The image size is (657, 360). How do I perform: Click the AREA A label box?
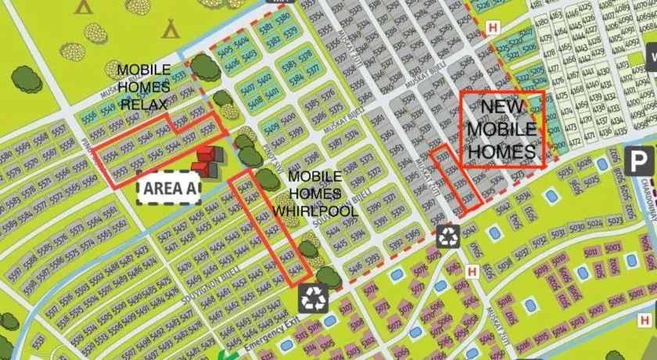pyautogui.click(x=168, y=188)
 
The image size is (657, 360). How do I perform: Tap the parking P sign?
pyautogui.click(x=641, y=163)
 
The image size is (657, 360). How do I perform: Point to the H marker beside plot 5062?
pyautogui.click(x=472, y=272)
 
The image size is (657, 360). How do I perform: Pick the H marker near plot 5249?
pyautogui.click(x=492, y=27)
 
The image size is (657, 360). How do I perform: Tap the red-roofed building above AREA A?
pyautogui.click(x=207, y=160)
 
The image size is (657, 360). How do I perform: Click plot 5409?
pyautogui.click(x=272, y=129)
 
